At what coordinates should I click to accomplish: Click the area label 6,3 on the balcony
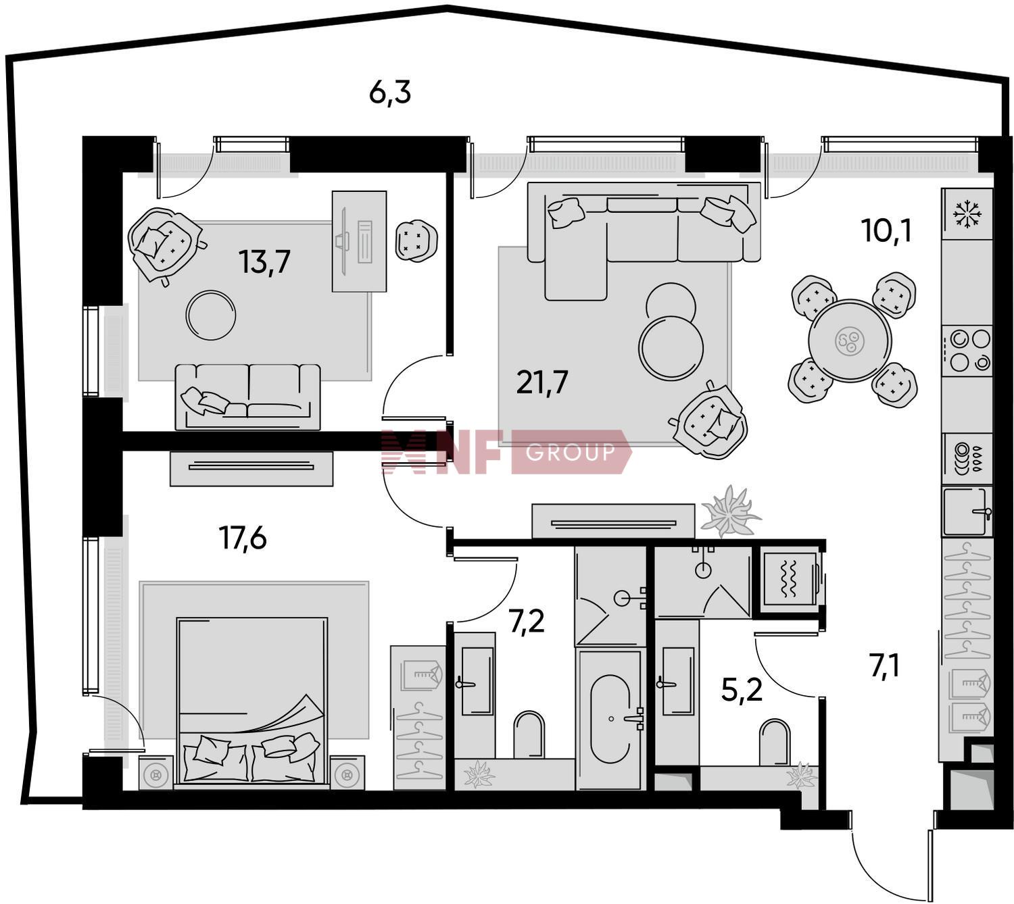pyautogui.click(x=389, y=93)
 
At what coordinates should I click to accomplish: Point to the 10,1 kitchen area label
pyautogui.click(x=886, y=230)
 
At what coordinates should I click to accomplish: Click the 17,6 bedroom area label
pyautogui.click(x=243, y=538)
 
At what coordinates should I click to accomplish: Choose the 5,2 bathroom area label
pyautogui.click(x=742, y=690)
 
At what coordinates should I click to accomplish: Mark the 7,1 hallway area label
pyautogui.click(x=886, y=666)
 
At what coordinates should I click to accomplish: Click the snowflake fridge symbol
pyautogui.click(x=967, y=214)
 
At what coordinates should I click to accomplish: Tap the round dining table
pyautogui.click(x=850, y=341)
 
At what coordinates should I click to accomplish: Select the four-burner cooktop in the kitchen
pyautogui.click(x=967, y=351)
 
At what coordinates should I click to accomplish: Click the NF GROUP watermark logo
pyautogui.click(x=506, y=451)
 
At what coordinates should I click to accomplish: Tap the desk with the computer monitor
pyautogui.click(x=360, y=241)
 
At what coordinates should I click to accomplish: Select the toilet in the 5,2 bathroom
pyautogui.click(x=775, y=743)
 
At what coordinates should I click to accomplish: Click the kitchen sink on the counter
pyautogui.click(x=967, y=511)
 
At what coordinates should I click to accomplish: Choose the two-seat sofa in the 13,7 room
pyautogui.click(x=247, y=397)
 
